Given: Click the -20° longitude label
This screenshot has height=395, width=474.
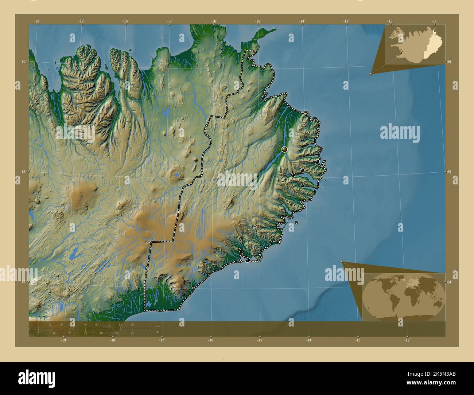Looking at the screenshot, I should click(37, 21).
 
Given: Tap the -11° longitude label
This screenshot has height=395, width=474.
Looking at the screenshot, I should click(435, 21).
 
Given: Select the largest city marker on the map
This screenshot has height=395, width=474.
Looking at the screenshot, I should click(284, 149).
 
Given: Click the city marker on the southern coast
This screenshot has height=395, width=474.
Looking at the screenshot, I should click(248, 260).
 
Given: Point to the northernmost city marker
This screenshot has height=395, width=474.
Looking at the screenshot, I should click(264, 97).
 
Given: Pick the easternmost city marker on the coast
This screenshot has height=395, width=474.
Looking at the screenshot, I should click(317, 161).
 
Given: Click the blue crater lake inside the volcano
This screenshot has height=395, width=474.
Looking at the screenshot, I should click(177, 175).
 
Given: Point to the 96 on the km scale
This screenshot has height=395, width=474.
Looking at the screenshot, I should click(132, 324).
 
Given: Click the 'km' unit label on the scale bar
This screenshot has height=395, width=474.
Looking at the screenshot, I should click(158, 326).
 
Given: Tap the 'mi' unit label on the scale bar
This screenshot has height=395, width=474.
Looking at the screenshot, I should click(158, 332).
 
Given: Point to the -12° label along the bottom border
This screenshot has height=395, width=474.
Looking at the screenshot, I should click(407, 340).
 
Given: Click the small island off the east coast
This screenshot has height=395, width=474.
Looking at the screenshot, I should click(296, 222).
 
